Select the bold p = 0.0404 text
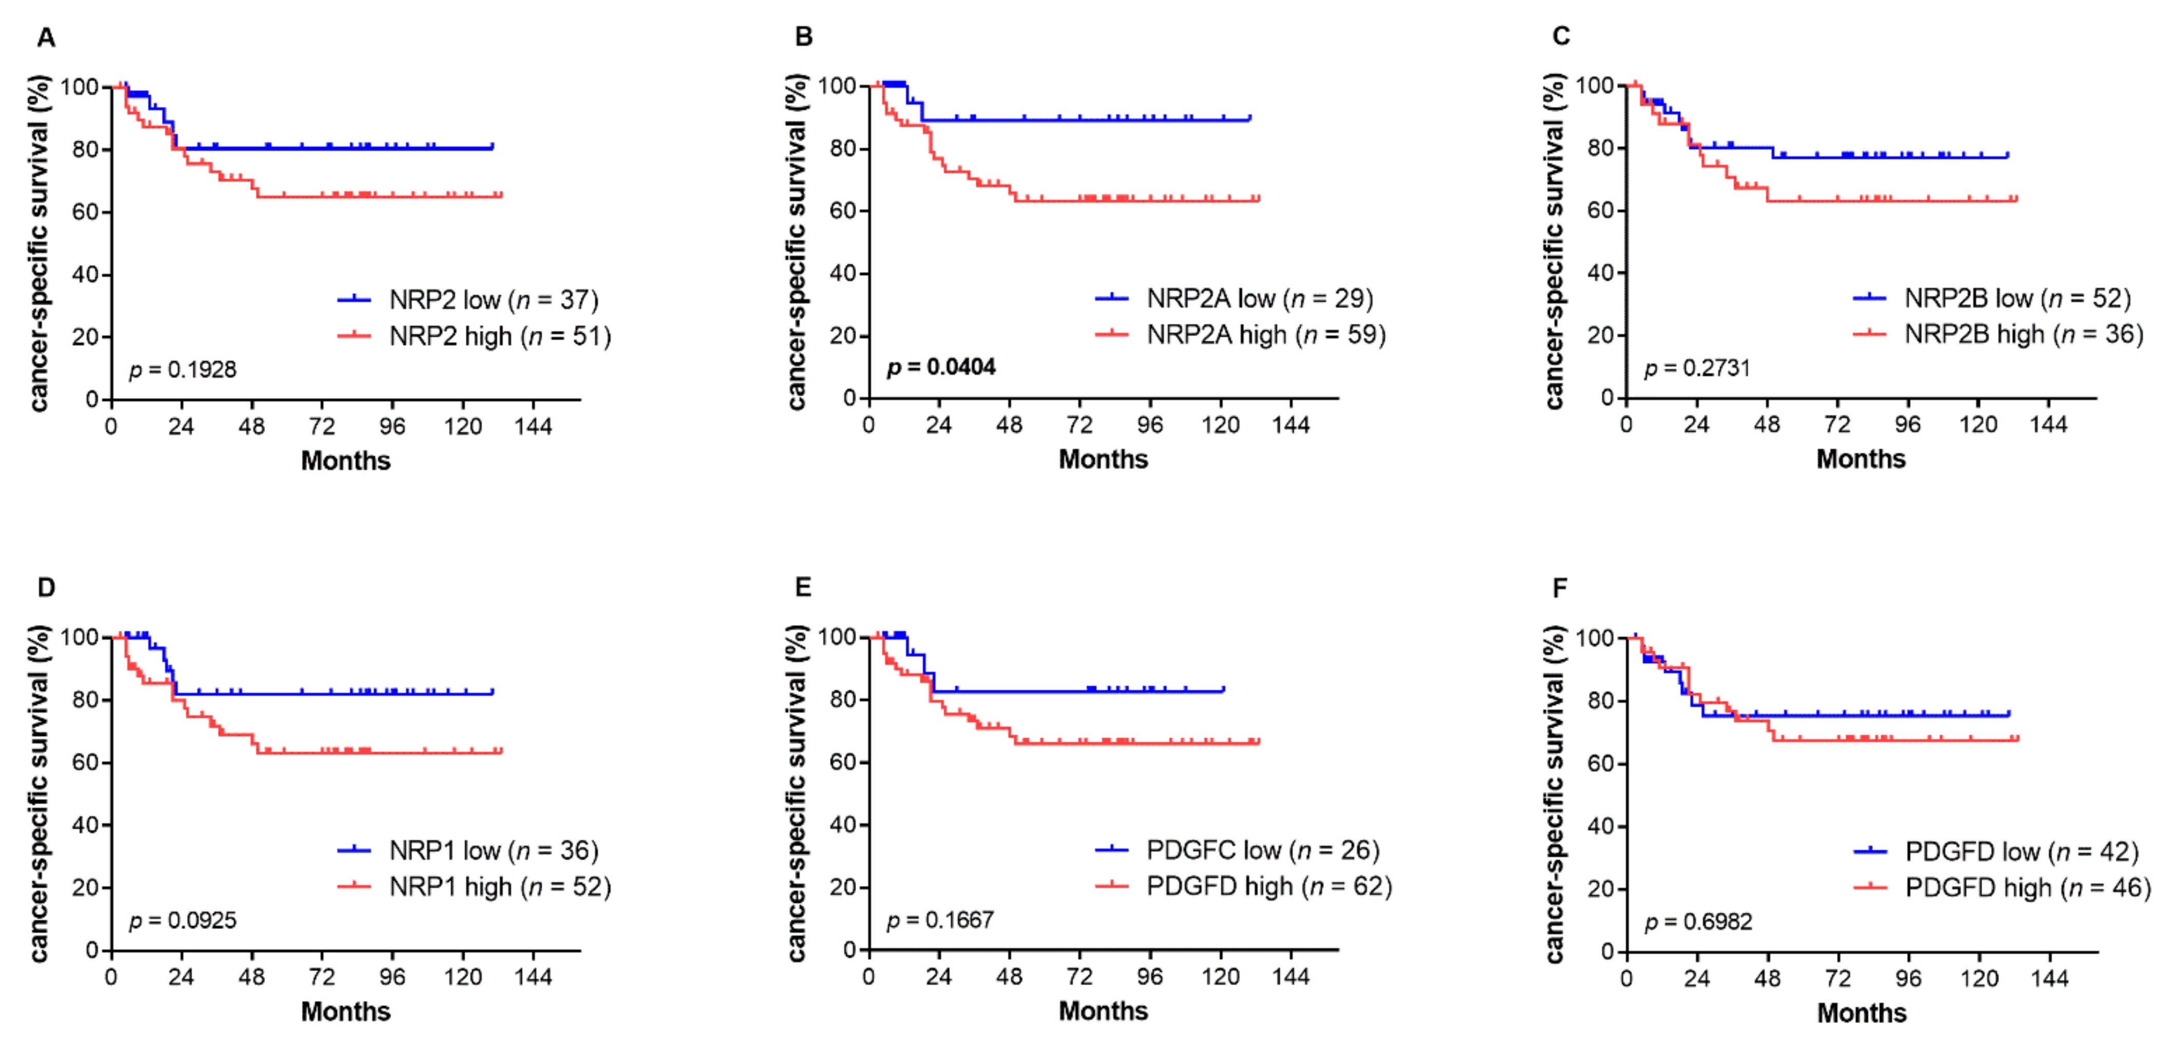click(941, 367)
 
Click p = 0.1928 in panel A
click(183, 369)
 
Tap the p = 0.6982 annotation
click(1698, 921)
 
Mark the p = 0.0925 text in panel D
click(183, 920)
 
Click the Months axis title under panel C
click(1861, 459)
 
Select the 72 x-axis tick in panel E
click(1079, 976)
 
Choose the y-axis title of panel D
click(39, 793)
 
